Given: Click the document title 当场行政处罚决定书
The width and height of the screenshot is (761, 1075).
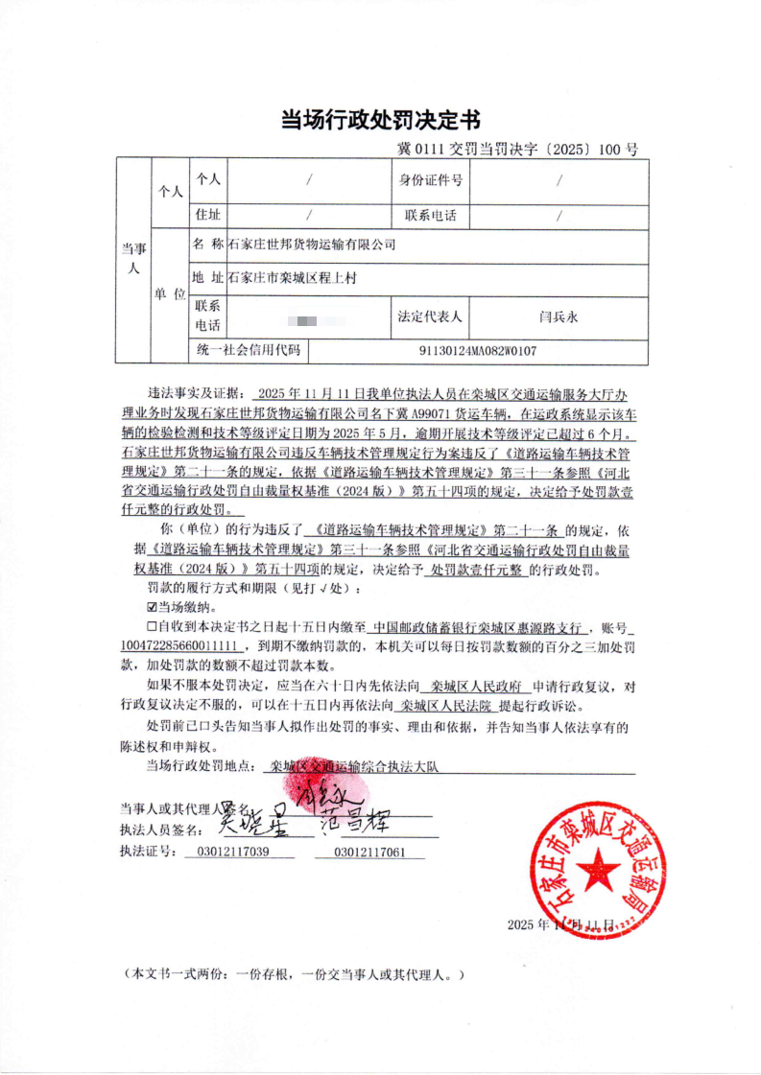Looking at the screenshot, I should (x=380, y=120).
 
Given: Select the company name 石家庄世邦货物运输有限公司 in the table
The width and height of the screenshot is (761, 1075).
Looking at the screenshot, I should (x=312, y=245).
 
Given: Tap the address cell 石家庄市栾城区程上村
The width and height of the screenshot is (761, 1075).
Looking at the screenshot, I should (x=293, y=279).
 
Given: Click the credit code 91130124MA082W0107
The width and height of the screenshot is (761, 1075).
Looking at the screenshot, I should (x=478, y=351).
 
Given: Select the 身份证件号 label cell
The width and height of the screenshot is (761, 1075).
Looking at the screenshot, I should (x=431, y=179).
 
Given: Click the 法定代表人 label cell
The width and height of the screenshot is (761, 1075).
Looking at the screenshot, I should (x=431, y=315).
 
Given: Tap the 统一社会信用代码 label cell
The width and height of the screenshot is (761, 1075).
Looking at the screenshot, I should (x=249, y=351).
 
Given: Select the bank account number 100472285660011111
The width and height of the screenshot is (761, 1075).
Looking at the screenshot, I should (x=185, y=646).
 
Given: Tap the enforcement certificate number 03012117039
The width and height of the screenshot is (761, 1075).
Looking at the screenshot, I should (x=231, y=851).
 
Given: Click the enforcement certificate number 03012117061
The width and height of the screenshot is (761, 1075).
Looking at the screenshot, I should (x=369, y=851).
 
